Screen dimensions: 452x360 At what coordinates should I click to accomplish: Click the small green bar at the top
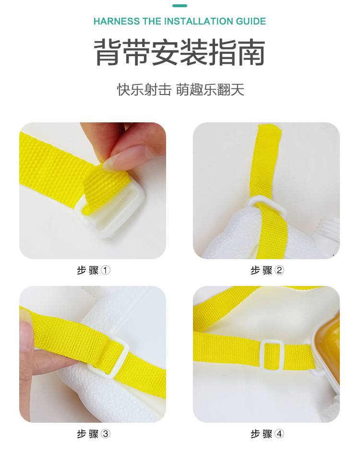pos(180,6)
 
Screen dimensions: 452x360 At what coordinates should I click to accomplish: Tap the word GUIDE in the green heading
pos(251,22)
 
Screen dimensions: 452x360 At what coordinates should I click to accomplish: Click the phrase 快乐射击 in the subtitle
pos(144,90)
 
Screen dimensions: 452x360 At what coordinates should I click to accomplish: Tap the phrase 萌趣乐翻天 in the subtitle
pos(210,90)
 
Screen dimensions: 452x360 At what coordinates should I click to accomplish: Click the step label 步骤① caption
pos(94,270)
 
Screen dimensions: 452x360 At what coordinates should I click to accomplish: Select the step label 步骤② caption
pos(267,270)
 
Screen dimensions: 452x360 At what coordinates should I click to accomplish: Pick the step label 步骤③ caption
pos(94,434)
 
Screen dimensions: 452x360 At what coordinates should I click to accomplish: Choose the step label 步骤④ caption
pos(267,434)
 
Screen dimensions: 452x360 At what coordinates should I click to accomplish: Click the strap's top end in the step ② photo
pos(269,131)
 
